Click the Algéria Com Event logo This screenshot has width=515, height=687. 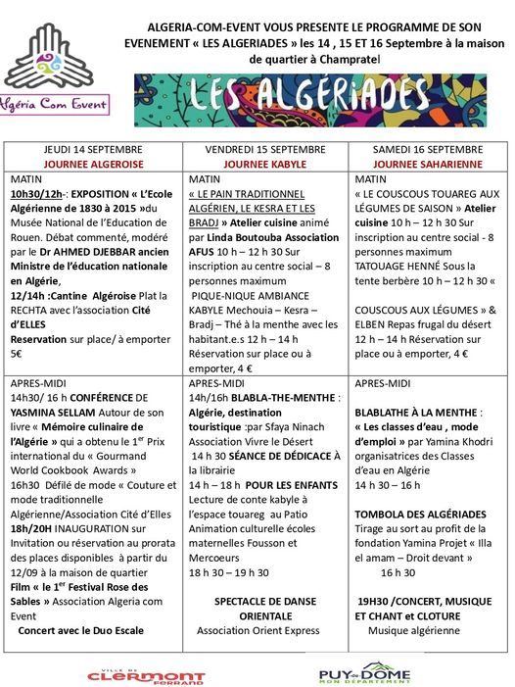point(56,70)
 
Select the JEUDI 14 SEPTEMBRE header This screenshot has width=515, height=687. point(94,150)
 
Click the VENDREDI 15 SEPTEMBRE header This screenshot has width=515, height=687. point(265,150)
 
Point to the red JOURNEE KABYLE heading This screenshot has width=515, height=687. point(265,164)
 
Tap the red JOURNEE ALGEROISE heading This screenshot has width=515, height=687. point(94,164)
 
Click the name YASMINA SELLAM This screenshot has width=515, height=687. point(52,413)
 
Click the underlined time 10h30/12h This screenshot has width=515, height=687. point(35,195)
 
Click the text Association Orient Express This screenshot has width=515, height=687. point(265,630)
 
